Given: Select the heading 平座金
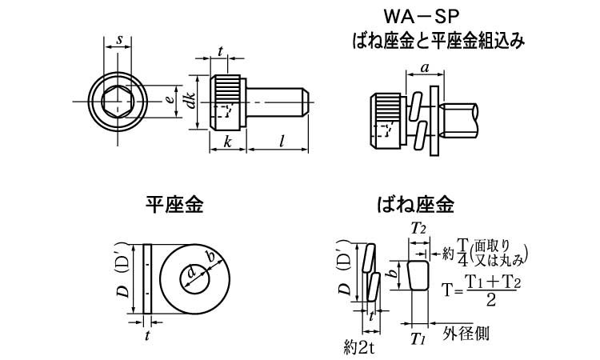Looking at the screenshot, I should [x=174, y=206].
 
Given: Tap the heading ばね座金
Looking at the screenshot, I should [x=415, y=206].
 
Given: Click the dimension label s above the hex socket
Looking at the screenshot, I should [x=119, y=39].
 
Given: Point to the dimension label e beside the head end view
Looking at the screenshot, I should [x=168, y=100].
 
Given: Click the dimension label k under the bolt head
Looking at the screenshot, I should [x=227, y=141].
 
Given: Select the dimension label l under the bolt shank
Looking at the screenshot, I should [x=282, y=141].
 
